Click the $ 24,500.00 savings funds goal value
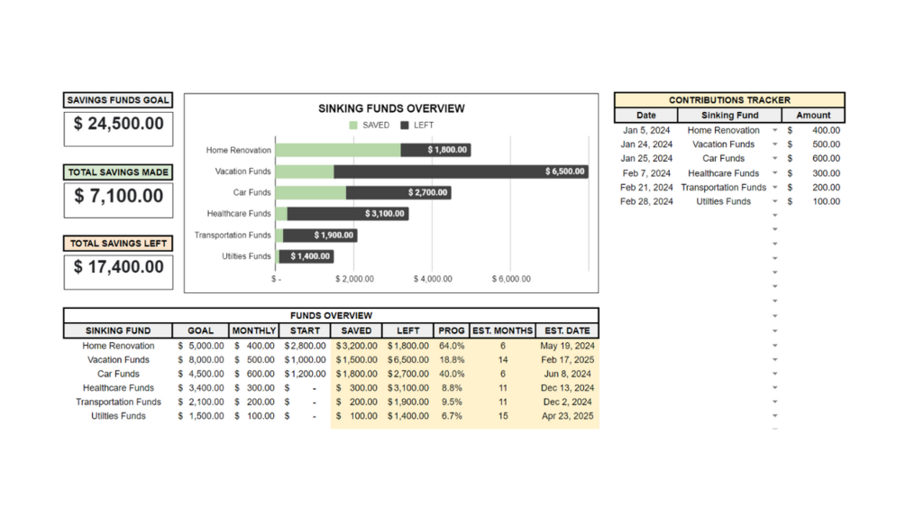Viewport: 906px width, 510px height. click(118, 124)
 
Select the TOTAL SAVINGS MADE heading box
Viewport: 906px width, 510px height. click(118, 172)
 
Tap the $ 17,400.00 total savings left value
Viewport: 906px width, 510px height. click(118, 267)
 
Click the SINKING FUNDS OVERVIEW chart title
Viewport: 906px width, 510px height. click(391, 108)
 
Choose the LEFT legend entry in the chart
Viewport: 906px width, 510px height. click(417, 125)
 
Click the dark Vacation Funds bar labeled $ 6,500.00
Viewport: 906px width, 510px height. click(461, 172)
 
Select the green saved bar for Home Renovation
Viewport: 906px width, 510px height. click(338, 150)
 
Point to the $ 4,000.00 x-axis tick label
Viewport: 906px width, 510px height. click(433, 279)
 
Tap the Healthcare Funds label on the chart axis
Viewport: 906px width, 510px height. click(239, 214)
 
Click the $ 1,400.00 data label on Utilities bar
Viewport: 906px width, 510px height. click(309, 256)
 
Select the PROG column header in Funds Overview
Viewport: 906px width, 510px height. click(452, 330)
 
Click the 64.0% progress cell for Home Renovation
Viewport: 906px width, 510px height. click(452, 346)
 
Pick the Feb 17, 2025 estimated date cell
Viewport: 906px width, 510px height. click(567, 359)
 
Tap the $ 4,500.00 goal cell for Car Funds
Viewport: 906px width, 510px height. click(201, 374)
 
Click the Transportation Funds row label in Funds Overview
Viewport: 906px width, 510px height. click(118, 402)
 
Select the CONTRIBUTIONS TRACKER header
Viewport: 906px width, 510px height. click(729, 100)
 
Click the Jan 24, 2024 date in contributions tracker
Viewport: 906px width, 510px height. click(646, 144)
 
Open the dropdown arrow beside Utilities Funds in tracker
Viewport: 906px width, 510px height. click(774, 201)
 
